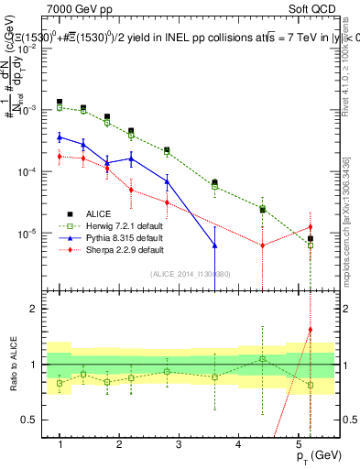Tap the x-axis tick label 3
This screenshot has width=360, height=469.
[149, 444]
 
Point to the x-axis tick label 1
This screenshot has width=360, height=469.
[60, 444]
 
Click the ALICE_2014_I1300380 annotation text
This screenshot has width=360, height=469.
[190, 274]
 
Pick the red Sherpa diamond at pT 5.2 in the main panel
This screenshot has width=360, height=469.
[311, 226]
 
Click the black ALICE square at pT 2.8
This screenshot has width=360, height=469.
[167, 150]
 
